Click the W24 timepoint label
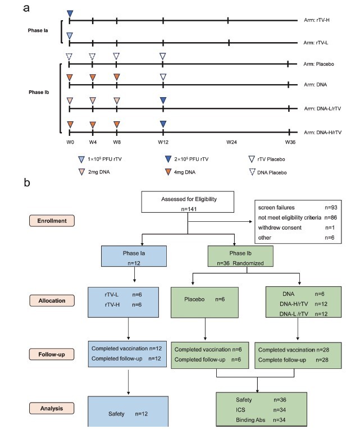click(231, 143)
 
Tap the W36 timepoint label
click(290, 143)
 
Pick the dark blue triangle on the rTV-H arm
click(70, 13)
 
